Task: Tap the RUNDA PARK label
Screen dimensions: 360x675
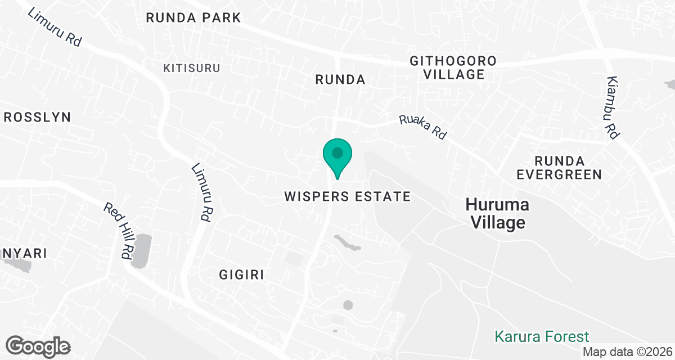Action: [x=193, y=17]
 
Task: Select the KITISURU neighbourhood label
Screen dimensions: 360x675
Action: [x=192, y=68]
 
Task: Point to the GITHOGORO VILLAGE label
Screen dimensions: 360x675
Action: [x=453, y=67]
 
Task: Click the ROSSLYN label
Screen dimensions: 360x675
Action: [x=37, y=117]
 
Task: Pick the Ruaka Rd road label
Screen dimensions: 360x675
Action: [x=423, y=128]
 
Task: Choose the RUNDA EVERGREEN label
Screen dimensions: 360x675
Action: [x=560, y=168]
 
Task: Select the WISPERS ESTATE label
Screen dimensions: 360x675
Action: [x=348, y=196]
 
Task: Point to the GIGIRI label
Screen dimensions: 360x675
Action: [x=241, y=274]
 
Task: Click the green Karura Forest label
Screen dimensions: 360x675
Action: [x=542, y=337]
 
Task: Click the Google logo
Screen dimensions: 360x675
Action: [x=38, y=345]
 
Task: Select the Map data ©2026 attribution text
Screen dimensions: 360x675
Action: [x=627, y=352]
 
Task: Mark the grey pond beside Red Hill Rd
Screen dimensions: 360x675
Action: [x=142, y=250]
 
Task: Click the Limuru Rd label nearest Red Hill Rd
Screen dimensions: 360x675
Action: [x=201, y=191]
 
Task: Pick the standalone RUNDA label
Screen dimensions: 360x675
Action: [x=340, y=80]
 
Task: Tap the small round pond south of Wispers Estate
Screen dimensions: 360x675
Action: [x=348, y=305]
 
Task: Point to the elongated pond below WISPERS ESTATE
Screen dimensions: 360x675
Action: [x=348, y=244]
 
